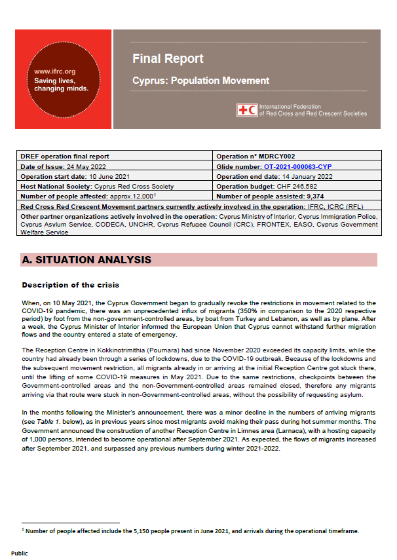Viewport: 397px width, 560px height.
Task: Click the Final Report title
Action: click(x=168, y=59)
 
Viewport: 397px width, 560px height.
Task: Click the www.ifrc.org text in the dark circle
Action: click(x=54, y=71)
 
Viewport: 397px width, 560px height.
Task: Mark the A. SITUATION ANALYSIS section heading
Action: click(x=86, y=260)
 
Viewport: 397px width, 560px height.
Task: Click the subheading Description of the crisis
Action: click(x=70, y=286)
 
